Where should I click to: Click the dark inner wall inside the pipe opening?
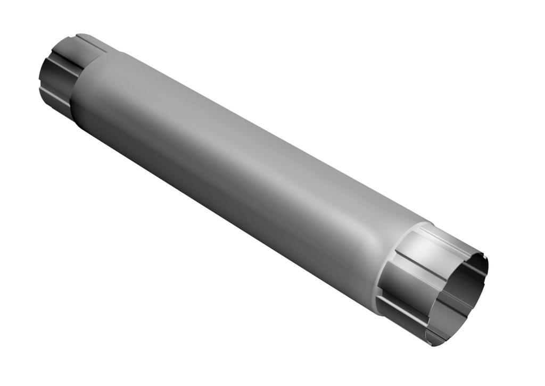468,287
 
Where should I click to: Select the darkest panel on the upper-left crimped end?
53,80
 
